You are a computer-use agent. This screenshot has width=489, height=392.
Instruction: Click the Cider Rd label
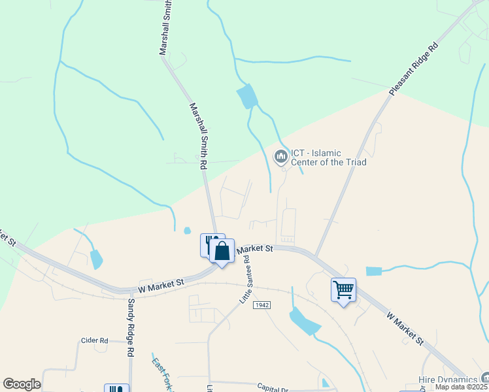click(x=94, y=340)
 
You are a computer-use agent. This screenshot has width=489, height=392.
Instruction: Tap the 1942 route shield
click(x=262, y=306)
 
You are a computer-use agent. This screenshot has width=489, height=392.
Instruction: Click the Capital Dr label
click(x=273, y=386)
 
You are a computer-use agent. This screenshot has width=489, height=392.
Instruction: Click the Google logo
click(x=22, y=384)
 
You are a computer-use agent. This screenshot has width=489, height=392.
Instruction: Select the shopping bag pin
click(x=222, y=251)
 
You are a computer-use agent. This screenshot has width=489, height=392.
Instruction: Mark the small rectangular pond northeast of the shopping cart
click(x=373, y=271)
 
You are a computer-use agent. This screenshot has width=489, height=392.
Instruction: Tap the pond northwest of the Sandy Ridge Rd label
click(x=97, y=259)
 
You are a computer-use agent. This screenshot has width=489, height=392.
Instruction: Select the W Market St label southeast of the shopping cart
click(x=405, y=328)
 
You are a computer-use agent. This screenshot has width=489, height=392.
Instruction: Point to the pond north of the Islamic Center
click(x=247, y=97)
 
